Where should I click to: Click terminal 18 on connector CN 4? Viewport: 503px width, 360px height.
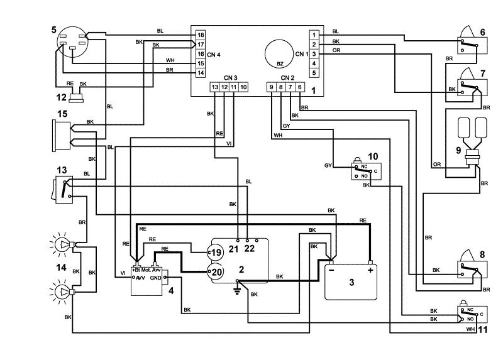tap(201, 35)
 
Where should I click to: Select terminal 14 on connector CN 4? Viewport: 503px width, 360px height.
tap(201, 73)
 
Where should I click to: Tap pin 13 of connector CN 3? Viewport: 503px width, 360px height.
tap(215, 87)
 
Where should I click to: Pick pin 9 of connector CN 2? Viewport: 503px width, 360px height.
tap(272, 87)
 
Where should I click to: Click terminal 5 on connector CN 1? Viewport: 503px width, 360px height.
tap(314, 73)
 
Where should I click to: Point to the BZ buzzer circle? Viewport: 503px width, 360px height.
tap(279, 54)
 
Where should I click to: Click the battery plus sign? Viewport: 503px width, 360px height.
tap(370, 270)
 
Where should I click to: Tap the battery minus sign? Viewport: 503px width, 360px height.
tap(331, 270)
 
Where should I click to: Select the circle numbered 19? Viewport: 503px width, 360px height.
tap(215, 253)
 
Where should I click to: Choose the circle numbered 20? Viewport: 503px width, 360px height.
tap(215, 272)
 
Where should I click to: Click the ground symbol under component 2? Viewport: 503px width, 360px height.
tap(238, 290)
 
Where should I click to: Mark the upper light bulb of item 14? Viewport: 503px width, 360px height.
tap(62, 245)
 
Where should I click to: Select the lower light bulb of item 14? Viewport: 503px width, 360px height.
tap(62, 292)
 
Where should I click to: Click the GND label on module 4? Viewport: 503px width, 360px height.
tap(155, 278)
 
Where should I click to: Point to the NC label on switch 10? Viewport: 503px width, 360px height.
tap(364, 166)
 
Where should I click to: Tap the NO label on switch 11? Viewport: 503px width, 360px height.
tap(470, 319)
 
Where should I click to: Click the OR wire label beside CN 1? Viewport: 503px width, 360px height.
tap(336, 50)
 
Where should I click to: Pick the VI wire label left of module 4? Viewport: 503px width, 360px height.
tap(123, 273)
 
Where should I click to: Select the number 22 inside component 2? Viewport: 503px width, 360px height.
tap(249, 248)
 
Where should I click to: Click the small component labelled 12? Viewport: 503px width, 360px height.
tap(76, 97)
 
